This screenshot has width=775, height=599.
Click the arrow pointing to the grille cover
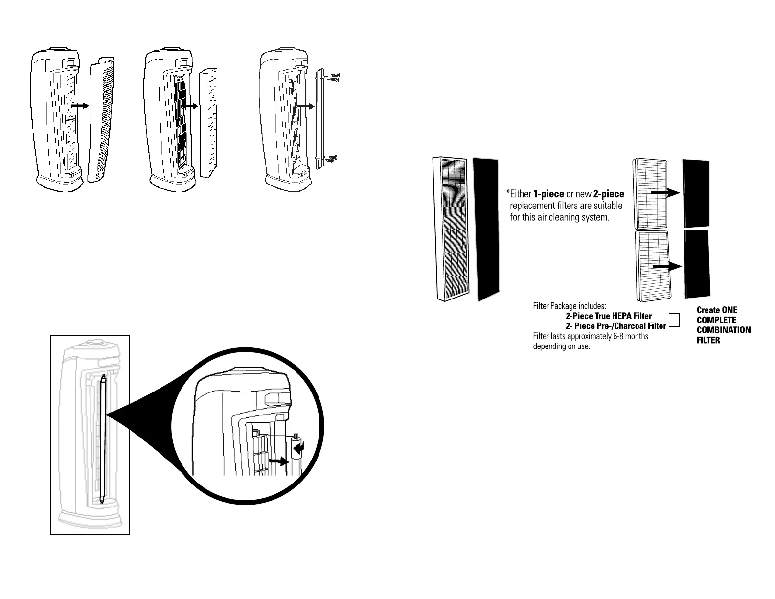click(x=79, y=105)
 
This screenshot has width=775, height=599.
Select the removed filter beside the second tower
click(x=209, y=122)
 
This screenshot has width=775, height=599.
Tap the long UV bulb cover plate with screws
click(x=320, y=117)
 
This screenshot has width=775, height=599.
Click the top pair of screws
click(x=334, y=77)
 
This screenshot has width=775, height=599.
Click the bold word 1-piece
click(x=548, y=194)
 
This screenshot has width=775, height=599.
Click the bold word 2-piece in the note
click(x=609, y=194)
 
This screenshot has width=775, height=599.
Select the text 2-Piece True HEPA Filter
click(x=609, y=316)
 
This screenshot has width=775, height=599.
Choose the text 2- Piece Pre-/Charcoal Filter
click(x=615, y=326)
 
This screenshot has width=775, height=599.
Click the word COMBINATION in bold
click(x=723, y=330)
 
